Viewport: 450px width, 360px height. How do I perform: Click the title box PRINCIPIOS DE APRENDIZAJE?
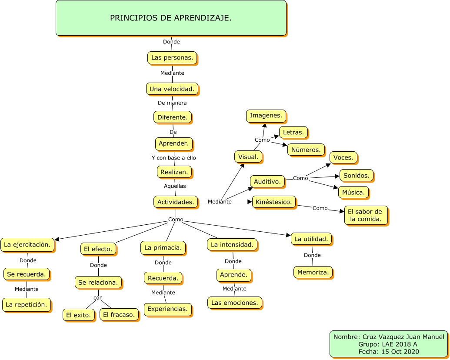171,18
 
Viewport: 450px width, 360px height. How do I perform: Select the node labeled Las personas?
172,57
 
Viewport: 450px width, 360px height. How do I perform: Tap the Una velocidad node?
172,89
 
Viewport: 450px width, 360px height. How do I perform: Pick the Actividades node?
176,202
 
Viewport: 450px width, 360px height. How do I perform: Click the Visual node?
248,157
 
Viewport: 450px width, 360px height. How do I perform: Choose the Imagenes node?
266,116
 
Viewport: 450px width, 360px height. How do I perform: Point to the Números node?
306,150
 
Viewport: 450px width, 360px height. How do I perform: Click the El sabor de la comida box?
366,215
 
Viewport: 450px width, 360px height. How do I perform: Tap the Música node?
353,192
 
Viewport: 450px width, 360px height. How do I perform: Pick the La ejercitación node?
27,244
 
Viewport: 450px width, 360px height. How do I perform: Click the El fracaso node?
119,314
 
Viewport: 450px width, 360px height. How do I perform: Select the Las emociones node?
235,302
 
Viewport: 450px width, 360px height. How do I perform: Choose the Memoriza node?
313,272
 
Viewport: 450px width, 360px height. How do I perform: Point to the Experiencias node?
168,309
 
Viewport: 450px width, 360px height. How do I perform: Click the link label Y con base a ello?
174,157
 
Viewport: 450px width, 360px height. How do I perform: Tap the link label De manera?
172,103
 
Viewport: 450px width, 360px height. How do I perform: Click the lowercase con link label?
98,298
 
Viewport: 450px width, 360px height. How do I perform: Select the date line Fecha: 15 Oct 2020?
389,351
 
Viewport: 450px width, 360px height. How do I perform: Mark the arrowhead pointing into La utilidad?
288,236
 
